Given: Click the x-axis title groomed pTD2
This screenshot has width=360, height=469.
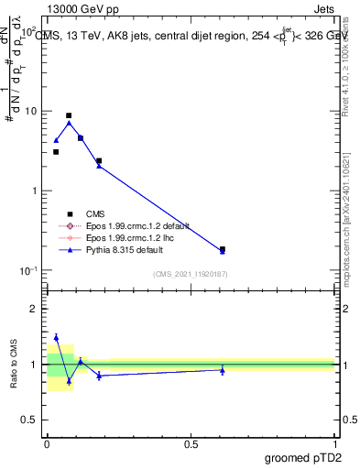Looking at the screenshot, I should coord(304,455).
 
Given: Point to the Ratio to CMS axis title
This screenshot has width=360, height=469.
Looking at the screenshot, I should coord(15,364).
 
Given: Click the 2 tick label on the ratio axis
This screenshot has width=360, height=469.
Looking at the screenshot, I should coord(34,309).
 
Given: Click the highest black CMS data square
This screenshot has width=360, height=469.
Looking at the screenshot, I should coord(69,115).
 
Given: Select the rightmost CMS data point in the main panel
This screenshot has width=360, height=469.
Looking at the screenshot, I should coord(223,248).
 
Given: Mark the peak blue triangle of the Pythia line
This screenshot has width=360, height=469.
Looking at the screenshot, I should coord(69,123).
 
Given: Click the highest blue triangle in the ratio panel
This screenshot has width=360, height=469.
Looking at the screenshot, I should coord(56,337).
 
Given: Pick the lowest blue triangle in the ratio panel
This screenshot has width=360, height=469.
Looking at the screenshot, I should coord(69,381).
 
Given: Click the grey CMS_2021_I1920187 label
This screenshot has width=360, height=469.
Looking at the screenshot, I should coord(191,273).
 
